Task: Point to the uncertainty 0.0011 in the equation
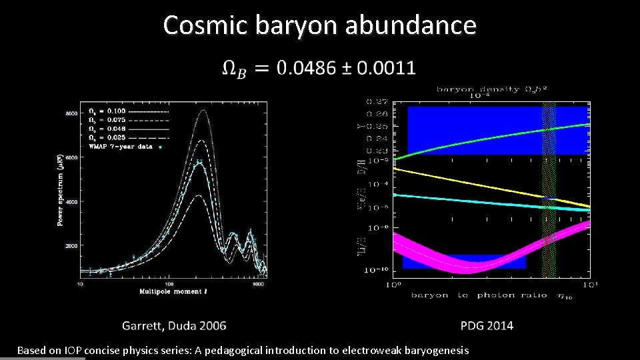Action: click(x=386, y=68)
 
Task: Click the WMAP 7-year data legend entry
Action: click(x=120, y=147)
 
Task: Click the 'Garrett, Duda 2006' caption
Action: click(x=174, y=326)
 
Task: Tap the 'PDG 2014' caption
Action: click(x=487, y=326)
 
